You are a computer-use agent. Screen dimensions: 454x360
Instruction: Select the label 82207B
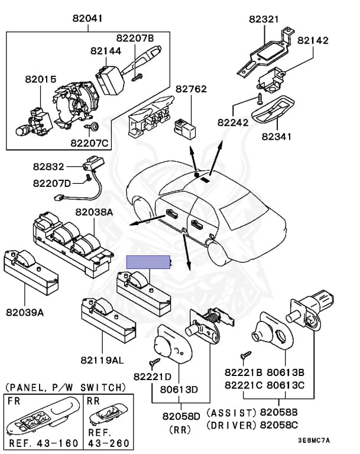coord(134,38)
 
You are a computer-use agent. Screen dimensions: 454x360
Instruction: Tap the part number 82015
coord(40,79)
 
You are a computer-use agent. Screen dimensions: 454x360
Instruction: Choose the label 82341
coord(277,137)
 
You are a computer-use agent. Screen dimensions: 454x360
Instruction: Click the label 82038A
coord(93,211)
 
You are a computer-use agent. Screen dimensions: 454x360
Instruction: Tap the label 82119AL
coord(103,359)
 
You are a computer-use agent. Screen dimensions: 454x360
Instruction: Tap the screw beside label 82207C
coord(93,127)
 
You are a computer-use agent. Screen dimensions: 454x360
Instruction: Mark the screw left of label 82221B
coord(243,356)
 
